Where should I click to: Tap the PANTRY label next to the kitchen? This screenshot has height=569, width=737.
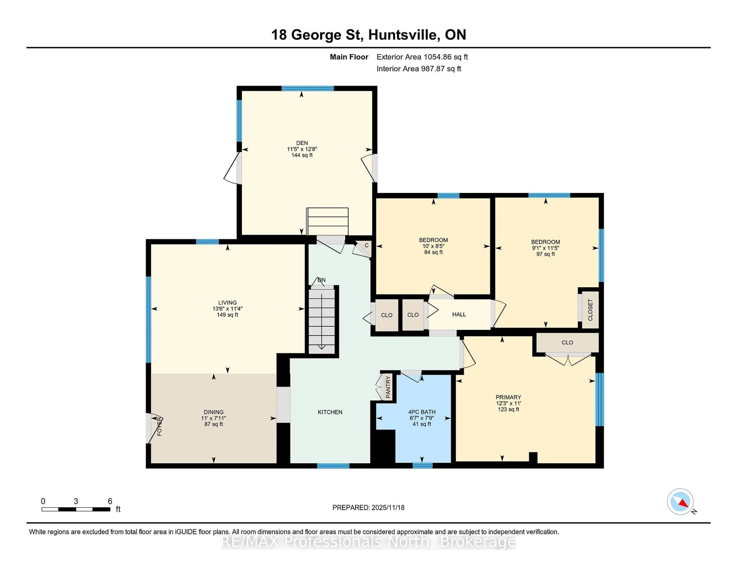click(388, 387)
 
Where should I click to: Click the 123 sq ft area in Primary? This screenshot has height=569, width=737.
click(508, 409)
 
